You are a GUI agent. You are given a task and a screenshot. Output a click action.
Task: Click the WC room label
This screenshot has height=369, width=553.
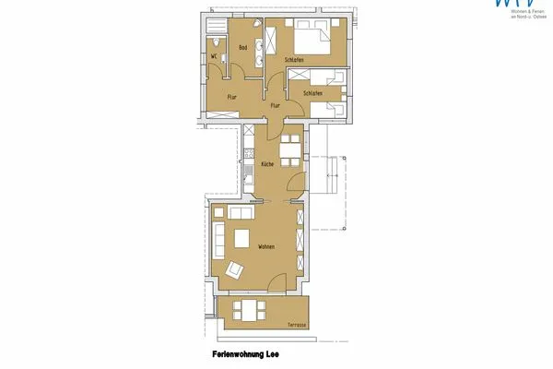pos(213,55)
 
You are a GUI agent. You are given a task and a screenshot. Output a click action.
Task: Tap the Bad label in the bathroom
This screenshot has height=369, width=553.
pos(243,48)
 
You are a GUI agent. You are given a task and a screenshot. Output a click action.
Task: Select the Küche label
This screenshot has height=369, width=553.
pos(266,163)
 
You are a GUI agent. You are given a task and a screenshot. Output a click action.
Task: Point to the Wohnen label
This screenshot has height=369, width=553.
pos(266,247)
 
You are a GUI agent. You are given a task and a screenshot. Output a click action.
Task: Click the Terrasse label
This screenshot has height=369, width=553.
pos(296,326)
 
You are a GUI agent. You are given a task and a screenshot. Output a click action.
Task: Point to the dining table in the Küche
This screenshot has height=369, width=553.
pos(289,148)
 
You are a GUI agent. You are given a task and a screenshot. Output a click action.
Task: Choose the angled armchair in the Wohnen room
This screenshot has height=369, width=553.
pos(234,270)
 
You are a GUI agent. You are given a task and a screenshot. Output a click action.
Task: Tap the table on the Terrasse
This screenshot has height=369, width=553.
pos(250,309)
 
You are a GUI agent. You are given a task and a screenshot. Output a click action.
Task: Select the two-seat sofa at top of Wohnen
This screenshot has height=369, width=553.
pos(241,214)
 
